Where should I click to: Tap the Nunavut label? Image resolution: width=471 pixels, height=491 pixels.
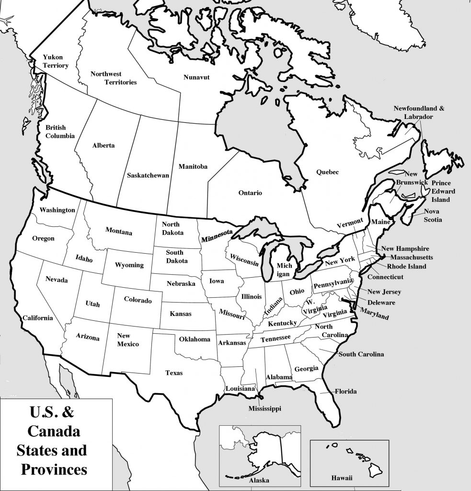tap(197, 77)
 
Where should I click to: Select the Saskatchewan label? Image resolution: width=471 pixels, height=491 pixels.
tap(148, 175)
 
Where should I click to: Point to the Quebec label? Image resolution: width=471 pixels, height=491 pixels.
tap(327, 172)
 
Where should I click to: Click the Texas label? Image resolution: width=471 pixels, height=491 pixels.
tap(174, 373)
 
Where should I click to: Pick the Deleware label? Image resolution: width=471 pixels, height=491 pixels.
tap(381, 303)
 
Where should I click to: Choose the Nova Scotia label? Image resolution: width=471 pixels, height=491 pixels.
tap(433, 215)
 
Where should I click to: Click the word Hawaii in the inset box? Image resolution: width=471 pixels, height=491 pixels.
tap(342, 478)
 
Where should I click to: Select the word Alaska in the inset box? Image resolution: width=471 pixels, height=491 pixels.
tap(259, 480)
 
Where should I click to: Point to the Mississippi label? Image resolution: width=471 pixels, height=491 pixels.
tap(264, 409)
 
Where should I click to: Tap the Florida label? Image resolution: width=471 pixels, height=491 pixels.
tap(345, 391)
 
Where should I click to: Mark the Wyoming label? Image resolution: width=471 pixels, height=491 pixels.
tap(129, 265)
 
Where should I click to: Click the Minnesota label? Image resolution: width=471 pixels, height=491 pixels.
tap(217, 235)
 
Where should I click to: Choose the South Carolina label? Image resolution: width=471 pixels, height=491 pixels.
tap(361, 354)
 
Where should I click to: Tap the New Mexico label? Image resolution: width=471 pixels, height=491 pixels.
tap(128, 340)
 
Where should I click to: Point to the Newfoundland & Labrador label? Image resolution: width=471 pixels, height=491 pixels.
tap(419, 112)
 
